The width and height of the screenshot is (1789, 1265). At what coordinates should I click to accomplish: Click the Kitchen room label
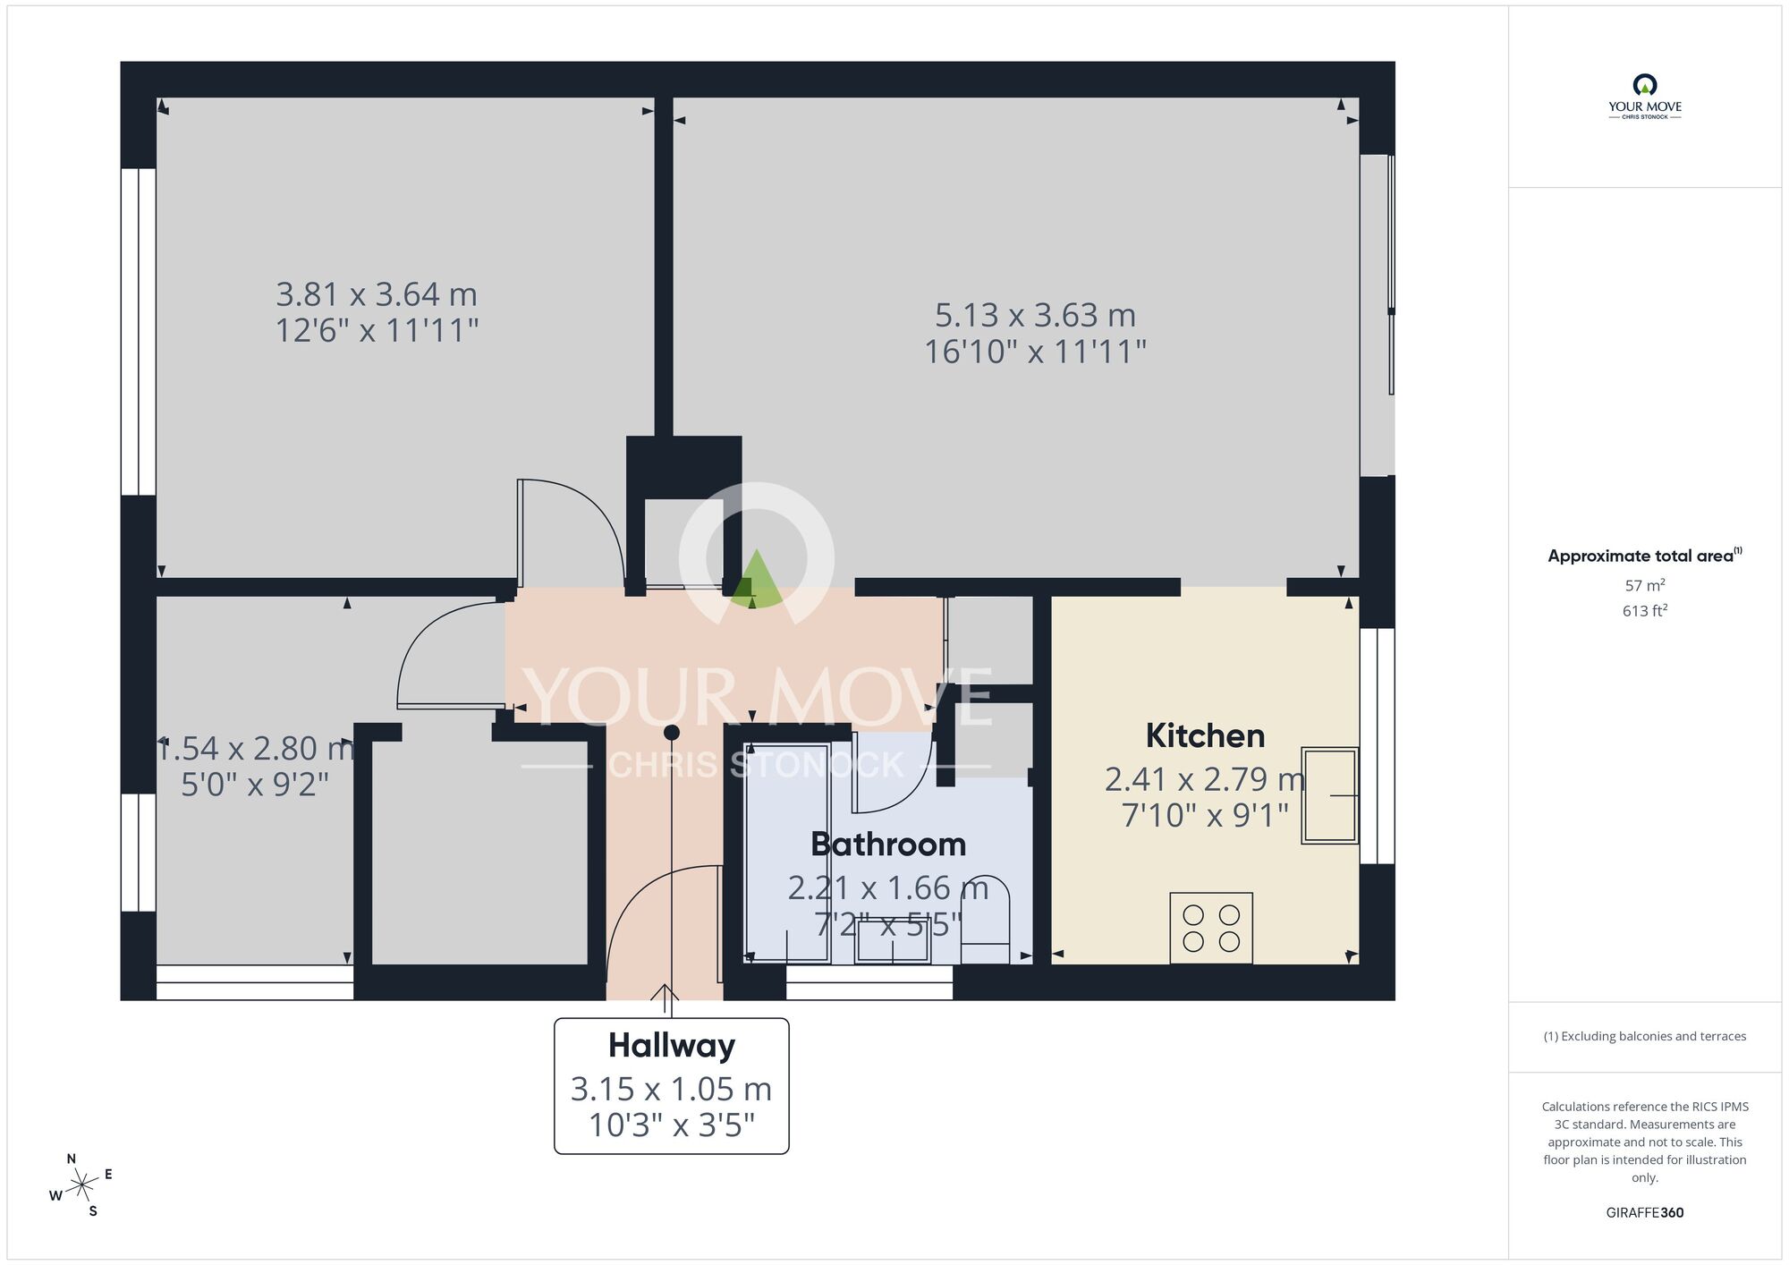click(1205, 736)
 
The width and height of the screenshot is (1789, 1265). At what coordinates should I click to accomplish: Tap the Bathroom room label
click(888, 845)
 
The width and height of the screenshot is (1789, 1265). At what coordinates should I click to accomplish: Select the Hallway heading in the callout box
click(672, 1045)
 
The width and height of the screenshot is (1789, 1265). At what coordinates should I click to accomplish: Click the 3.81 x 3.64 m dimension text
click(377, 294)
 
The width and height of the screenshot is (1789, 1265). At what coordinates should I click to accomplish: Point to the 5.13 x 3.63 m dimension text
click(1035, 315)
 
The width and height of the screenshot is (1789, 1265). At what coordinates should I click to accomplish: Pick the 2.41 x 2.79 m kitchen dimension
click(1205, 779)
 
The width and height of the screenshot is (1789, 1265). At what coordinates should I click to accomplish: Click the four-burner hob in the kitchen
click(1211, 928)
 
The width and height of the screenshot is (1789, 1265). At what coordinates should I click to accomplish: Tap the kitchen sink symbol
click(1329, 795)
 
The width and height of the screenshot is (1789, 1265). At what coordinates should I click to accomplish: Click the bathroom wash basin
click(892, 940)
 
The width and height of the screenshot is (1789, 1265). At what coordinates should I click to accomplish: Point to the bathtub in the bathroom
click(787, 852)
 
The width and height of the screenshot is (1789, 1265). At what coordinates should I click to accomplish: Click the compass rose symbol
click(82, 1186)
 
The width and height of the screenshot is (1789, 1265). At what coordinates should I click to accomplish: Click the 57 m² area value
click(1644, 585)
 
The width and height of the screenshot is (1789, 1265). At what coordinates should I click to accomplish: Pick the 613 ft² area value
click(1644, 611)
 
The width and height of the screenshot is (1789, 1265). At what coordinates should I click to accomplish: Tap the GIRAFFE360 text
click(1644, 1213)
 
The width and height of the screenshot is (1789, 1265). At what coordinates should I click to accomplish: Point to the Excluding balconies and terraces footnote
click(1644, 1036)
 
